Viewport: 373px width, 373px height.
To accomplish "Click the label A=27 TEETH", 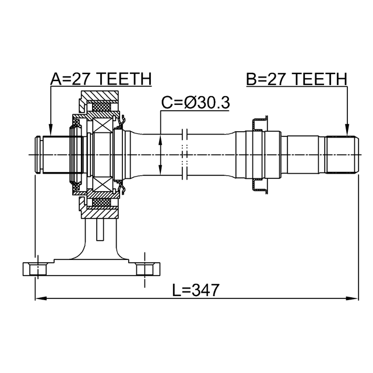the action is (x=101, y=79).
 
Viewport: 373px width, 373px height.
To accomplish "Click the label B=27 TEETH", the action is (x=297, y=79).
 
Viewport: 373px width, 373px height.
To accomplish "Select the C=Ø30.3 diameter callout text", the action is (x=196, y=103).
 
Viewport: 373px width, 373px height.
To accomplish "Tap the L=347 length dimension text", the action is (x=196, y=290).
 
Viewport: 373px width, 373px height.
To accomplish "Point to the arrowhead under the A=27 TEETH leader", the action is (x=51, y=129).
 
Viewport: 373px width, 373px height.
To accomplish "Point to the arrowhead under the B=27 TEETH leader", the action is (x=347, y=129).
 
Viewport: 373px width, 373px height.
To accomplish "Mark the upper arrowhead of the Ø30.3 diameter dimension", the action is (x=160, y=140).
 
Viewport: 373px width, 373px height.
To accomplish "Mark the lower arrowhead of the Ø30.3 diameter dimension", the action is (x=160, y=169).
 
